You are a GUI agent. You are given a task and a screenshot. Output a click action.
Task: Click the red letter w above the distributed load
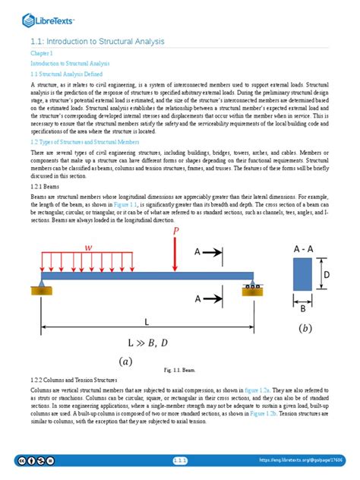click(89, 248)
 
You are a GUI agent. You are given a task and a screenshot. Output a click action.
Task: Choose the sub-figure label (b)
click(305, 328)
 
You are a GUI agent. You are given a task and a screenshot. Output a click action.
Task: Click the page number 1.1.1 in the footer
click(180, 460)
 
